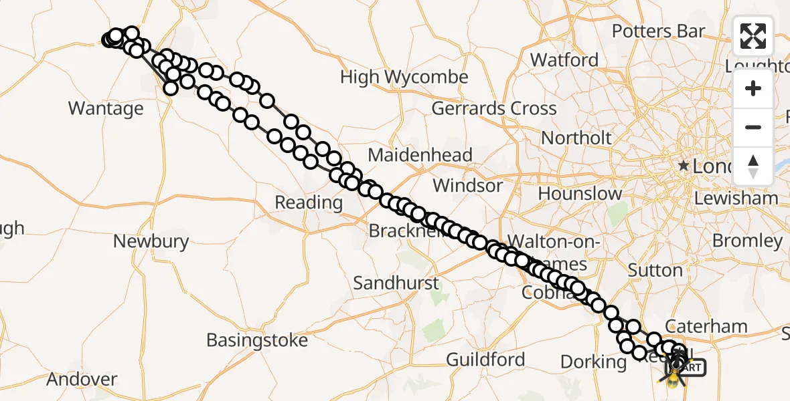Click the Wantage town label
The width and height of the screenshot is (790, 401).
(x=106, y=108)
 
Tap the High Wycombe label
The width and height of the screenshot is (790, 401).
(x=404, y=78)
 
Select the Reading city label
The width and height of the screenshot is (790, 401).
(x=309, y=202)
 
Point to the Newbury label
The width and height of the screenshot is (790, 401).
(x=151, y=241)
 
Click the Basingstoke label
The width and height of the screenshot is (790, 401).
(x=257, y=340)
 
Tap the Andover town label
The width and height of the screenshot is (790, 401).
(x=82, y=380)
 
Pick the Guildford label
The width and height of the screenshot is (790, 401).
(x=485, y=360)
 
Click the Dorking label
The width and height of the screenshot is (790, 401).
(x=593, y=362)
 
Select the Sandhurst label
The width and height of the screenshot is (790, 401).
(x=396, y=283)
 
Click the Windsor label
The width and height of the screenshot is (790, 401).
(x=468, y=185)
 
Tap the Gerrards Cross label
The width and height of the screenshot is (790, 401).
(x=494, y=108)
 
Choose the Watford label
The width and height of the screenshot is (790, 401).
(x=564, y=60)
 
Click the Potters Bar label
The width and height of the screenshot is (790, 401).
(x=658, y=31)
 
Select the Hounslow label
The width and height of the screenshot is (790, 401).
(x=580, y=194)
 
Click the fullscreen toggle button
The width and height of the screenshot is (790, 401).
(x=753, y=36)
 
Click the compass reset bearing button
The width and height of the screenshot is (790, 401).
(x=753, y=166)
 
